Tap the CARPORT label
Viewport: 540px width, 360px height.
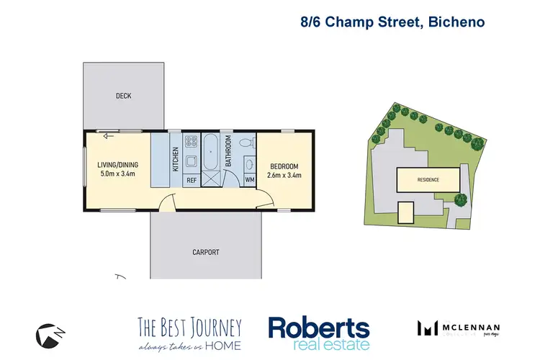[205, 252]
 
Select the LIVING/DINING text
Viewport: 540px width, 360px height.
[117, 165]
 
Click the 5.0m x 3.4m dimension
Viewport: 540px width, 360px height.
[117, 174]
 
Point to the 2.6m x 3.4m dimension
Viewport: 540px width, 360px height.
[283, 175]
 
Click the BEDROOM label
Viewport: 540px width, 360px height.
[284, 166]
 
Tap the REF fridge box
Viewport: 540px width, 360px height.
[192, 180]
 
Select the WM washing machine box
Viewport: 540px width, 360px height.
[250, 180]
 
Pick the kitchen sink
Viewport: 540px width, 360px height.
[192, 160]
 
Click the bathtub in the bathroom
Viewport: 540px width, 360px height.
[212, 152]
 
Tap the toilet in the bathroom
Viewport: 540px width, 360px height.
[246, 141]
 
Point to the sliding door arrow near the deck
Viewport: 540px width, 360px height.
[109, 135]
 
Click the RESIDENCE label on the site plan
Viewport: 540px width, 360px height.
[428, 180]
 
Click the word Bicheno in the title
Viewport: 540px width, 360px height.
[457, 22]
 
